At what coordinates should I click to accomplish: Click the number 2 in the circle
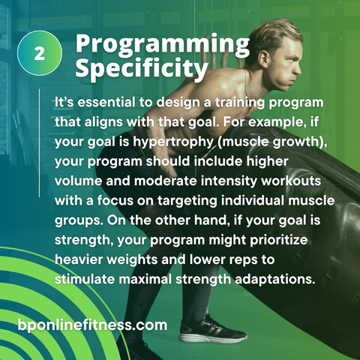(40, 53)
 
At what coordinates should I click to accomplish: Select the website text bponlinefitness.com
(92, 325)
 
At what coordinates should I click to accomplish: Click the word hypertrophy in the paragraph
(172, 142)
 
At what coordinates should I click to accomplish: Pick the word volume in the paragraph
(78, 181)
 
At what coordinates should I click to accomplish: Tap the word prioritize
(279, 240)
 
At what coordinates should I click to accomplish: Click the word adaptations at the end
(274, 280)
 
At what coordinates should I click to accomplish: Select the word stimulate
(85, 279)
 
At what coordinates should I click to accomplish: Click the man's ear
(263, 59)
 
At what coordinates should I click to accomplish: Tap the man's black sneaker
(212, 329)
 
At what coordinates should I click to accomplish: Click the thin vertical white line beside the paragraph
(39, 142)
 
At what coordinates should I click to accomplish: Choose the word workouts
(291, 181)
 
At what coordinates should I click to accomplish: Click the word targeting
(187, 201)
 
